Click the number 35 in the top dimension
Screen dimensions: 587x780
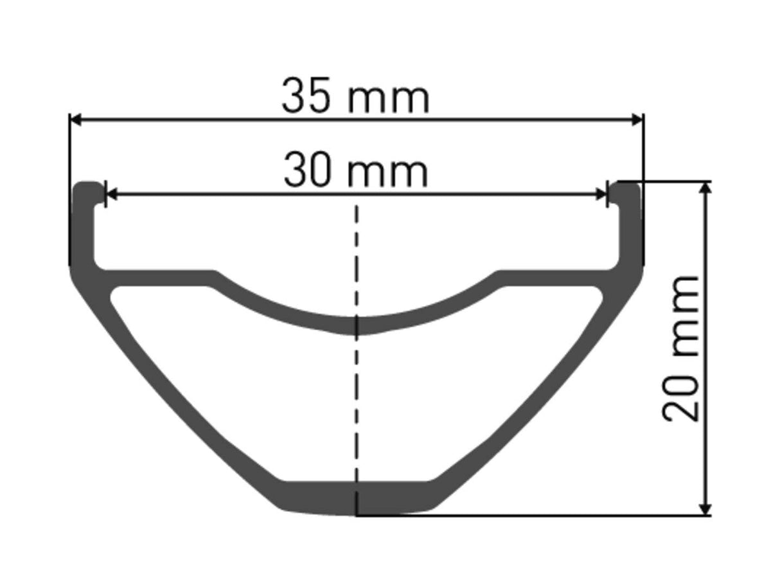[x=308, y=97]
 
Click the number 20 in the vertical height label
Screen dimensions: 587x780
[x=681, y=398]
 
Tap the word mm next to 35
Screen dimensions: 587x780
[x=389, y=98]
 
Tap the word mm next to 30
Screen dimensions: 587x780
[x=388, y=172]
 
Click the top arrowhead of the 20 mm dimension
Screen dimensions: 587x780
[x=706, y=187]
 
